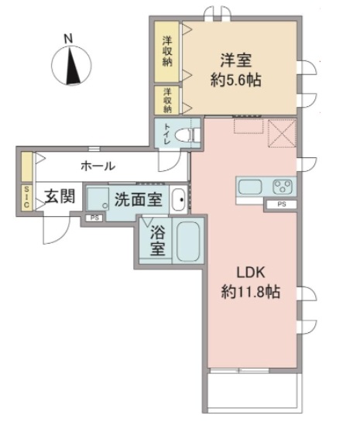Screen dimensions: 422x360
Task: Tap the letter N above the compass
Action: [68, 37]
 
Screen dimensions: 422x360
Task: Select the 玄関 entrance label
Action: [58, 197]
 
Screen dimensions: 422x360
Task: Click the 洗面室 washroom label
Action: [138, 199]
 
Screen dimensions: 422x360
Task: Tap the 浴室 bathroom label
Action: [156, 242]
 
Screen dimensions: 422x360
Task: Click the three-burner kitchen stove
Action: [282, 187]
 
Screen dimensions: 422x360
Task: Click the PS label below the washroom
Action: [94, 218]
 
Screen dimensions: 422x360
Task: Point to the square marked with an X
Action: [281, 134]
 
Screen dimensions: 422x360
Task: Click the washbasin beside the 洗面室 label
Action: [179, 199]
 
